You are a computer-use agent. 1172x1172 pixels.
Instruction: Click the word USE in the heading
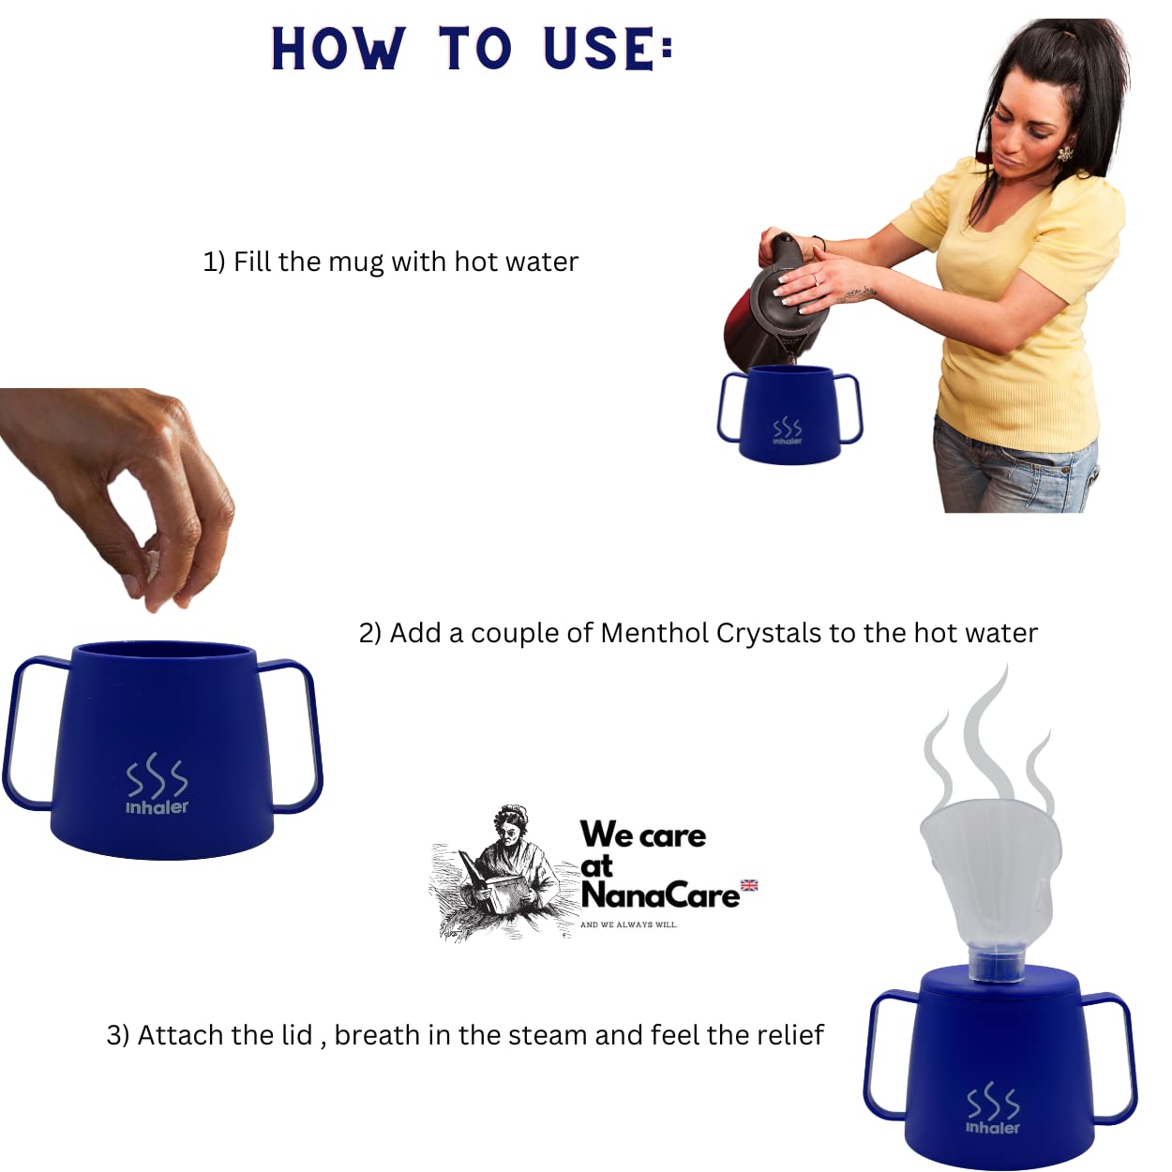coord(599,48)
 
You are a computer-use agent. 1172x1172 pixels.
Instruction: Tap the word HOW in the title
coord(338,49)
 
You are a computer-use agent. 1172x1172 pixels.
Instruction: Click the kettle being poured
coord(776,304)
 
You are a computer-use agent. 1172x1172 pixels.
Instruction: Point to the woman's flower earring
coord(1065,153)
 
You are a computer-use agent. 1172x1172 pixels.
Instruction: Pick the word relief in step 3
coord(790,1034)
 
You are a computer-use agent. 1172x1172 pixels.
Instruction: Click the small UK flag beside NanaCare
coord(749,885)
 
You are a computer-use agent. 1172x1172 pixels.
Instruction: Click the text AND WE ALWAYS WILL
coord(629,924)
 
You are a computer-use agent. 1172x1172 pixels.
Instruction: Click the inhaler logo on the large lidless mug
coord(157,785)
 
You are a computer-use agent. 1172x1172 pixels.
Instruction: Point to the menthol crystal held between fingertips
coord(152,563)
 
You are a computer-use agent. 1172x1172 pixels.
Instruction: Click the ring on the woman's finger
coord(816,278)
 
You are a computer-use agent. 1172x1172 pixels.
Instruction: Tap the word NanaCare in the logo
coord(660,895)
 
